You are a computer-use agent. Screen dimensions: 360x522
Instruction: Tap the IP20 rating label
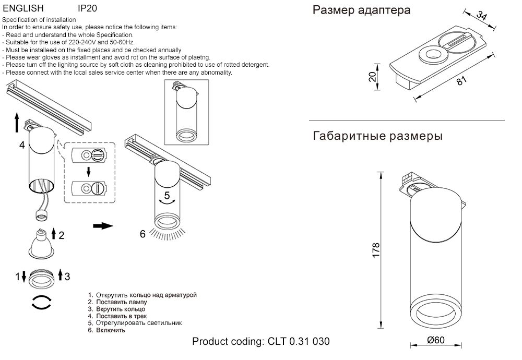[x=87, y=9]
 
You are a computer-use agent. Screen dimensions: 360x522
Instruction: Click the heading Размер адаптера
[x=361, y=10]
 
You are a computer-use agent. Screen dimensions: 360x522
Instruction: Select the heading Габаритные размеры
[x=377, y=137]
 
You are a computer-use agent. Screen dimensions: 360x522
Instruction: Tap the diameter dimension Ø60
[x=435, y=340]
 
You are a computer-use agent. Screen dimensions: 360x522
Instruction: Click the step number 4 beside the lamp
[x=22, y=145]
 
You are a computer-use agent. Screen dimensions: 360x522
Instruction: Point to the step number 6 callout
[x=142, y=234]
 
